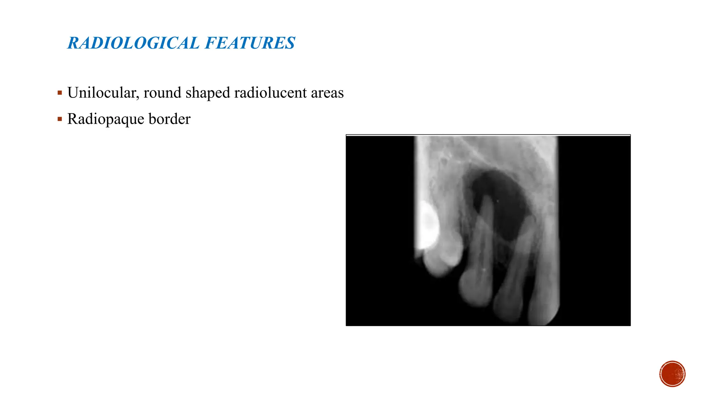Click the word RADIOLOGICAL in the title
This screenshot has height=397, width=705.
click(133, 43)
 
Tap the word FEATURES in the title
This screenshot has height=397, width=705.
click(250, 43)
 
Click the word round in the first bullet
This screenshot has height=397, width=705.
click(162, 93)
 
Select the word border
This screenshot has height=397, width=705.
click(169, 119)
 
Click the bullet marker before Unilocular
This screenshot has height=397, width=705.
click(60, 93)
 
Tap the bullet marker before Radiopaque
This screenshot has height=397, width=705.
click(60, 119)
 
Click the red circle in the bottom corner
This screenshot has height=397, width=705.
click(672, 374)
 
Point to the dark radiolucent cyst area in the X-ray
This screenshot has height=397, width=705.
click(506, 203)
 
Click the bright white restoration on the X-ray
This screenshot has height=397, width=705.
click(428, 224)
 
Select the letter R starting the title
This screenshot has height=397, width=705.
click(73, 43)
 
